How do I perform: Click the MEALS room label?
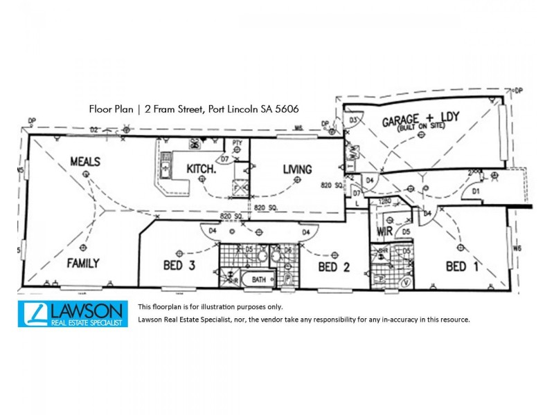coord(85,161)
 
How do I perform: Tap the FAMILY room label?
coord(83,263)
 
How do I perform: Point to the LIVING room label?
coord(297,169)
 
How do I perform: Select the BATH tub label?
coord(259,279)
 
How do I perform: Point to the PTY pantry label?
coord(237,143)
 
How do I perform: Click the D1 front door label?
coord(476,190)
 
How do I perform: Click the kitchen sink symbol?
coord(166,165)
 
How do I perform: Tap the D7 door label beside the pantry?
coord(224,160)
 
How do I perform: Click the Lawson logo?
coord(73,313)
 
